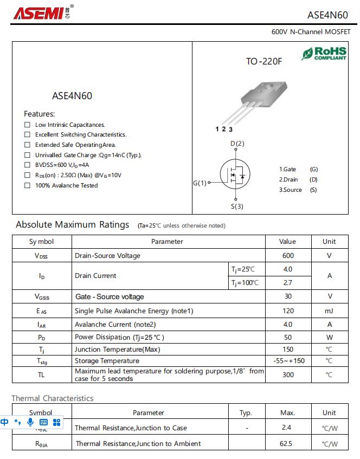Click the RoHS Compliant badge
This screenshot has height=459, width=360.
point(324,53)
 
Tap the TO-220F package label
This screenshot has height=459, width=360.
point(264,62)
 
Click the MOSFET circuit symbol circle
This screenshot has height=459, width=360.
point(235,174)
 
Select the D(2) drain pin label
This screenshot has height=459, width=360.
point(237,144)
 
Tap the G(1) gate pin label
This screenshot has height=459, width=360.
point(200,183)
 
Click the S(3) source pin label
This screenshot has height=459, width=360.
point(237,206)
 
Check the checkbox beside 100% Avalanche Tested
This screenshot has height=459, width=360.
point(27,185)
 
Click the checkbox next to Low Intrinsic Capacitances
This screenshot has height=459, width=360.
point(27,125)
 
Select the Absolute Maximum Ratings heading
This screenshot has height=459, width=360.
point(73,225)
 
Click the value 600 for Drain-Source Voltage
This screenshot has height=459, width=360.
point(288,255)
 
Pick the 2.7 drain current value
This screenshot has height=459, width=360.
point(288,282)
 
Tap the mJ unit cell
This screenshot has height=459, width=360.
point(329,311)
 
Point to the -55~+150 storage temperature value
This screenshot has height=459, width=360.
point(288,361)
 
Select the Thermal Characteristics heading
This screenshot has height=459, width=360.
point(53,398)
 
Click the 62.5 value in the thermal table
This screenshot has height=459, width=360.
point(286,443)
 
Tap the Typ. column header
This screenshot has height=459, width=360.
point(246,412)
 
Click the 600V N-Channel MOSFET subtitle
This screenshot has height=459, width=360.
point(311,32)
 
